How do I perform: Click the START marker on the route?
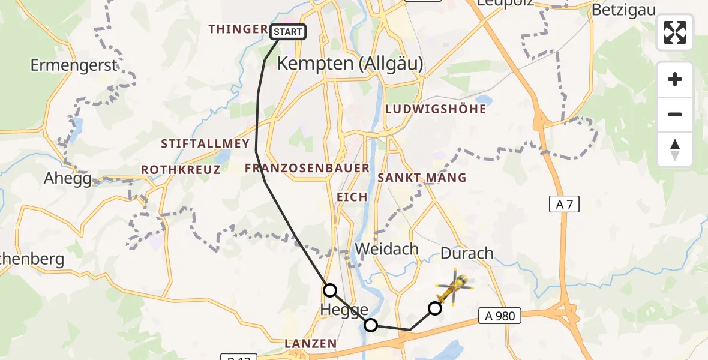coord(289,32)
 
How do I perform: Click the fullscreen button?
coord(675,32)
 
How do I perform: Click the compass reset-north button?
coord(675,149)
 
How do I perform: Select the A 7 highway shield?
coord(565,205)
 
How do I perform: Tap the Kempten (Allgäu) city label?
coord(350,64)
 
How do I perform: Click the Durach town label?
coord(467,253)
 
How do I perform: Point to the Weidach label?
coord(387,249)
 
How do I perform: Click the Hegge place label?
coord(345,310)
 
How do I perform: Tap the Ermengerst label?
coord(73,65)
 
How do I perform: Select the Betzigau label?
coord(623,10)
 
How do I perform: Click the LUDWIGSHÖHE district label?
coord(436,110)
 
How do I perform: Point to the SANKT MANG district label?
coord(422,178)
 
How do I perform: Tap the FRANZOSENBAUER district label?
coord(307,169)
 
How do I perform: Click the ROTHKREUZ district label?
coord(181,170)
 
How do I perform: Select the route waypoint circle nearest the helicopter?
coord(434,308)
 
